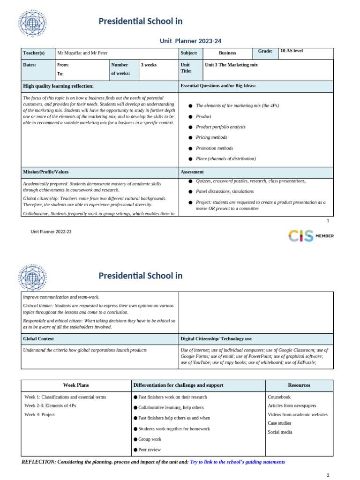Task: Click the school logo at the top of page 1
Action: tap(32, 22)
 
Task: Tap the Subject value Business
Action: tap(227, 53)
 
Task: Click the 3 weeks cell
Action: tap(149, 65)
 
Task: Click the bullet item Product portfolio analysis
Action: tap(220, 127)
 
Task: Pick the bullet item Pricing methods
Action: tap(211, 137)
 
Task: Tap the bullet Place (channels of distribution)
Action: tap(225, 158)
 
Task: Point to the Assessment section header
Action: tap(192, 172)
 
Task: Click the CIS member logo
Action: tap(311, 236)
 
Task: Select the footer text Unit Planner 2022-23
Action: tap(51, 232)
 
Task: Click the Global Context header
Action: tap(38, 338)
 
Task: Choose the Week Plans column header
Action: tap(76, 385)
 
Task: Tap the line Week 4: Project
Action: tap(39, 414)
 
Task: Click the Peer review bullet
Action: tap(149, 450)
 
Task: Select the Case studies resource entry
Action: tap(280, 423)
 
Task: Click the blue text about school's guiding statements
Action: tap(237, 462)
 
